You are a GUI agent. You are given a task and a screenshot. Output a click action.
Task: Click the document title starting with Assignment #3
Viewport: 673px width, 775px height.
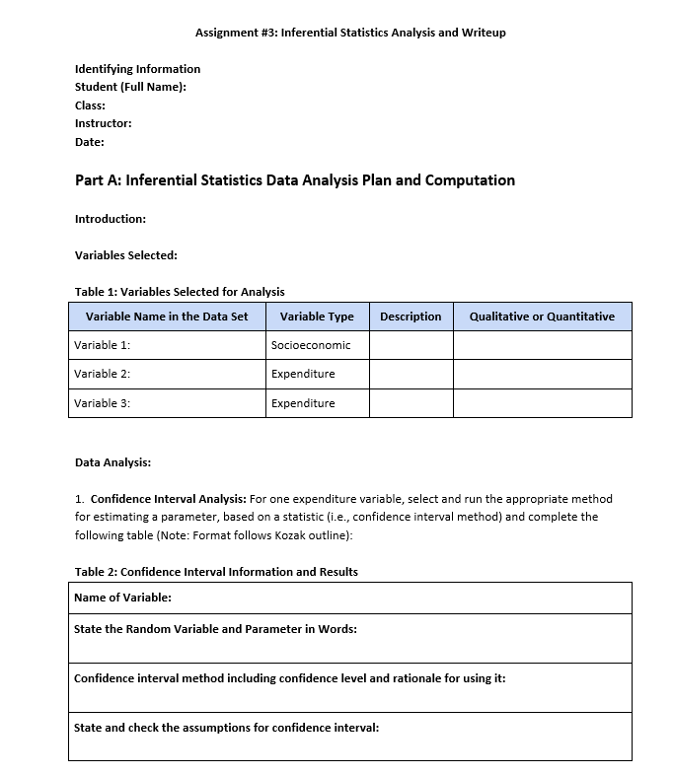pos(350,33)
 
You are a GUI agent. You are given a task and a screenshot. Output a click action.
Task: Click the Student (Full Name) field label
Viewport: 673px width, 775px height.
pos(130,87)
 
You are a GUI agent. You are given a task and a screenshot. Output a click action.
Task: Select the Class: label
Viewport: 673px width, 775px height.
pos(90,106)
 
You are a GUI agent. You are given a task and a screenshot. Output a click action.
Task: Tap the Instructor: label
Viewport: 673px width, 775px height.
pos(103,123)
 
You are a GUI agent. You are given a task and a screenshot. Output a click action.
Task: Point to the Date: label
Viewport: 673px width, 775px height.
pos(89,142)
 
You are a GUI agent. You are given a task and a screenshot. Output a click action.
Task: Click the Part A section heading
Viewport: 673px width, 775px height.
pos(294,180)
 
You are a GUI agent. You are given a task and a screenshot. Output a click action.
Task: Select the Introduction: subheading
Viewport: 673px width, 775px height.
pos(110,219)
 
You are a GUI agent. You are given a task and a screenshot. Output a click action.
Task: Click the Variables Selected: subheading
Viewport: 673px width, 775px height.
pos(125,255)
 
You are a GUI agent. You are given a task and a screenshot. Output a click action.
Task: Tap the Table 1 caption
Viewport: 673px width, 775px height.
pos(179,292)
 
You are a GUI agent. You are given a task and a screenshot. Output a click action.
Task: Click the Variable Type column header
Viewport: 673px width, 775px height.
pos(317,317)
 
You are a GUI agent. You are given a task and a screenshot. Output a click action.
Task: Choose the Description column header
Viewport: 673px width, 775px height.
pos(411,317)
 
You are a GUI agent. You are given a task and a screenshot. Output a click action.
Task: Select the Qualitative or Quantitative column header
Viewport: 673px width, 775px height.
pos(542,317)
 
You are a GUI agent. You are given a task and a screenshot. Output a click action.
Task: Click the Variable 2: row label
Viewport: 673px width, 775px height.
pos(102,374)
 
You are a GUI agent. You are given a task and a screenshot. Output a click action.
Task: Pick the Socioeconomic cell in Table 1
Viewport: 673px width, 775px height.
pos(310,345)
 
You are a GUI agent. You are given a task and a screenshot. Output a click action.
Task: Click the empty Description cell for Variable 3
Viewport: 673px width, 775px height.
pos(411,403)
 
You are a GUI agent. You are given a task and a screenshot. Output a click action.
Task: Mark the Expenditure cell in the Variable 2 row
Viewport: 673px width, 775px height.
pos(303,374)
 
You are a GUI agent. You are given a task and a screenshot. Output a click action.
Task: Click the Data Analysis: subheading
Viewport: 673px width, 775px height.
pos(112,461)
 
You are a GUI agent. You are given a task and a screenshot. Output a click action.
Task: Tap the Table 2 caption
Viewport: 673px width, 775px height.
pos(216,572)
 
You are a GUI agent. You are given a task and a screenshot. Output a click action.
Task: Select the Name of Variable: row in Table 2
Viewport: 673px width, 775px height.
pos(122,598)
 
